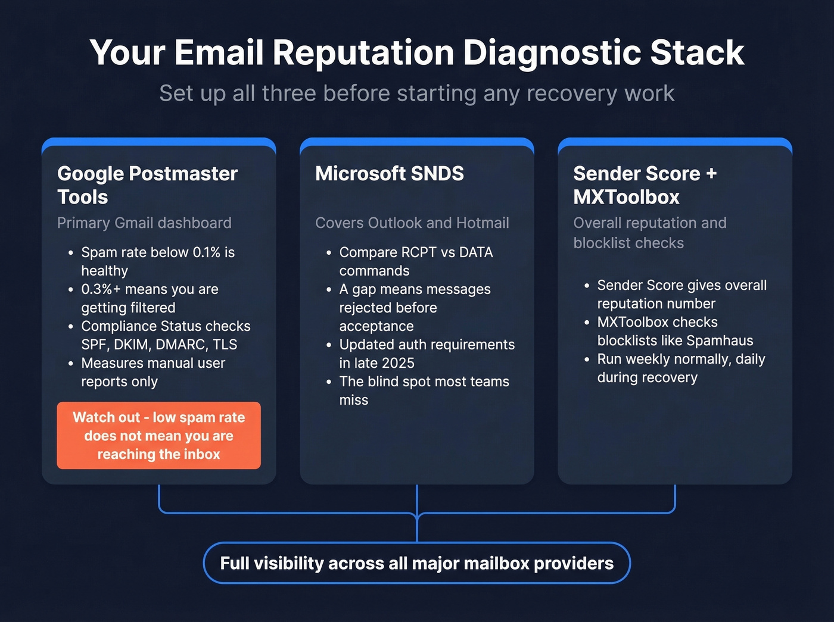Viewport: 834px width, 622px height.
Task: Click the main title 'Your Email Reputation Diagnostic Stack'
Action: click(417, 52)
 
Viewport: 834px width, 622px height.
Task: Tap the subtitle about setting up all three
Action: click(417, 93)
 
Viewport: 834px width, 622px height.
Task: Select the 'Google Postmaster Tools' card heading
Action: click(147, 185)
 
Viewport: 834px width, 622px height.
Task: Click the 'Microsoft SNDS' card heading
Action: click(390, 174)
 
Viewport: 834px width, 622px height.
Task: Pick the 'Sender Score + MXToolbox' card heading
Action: click(645, 185)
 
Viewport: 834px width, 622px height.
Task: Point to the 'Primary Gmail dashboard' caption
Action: click(144, 223)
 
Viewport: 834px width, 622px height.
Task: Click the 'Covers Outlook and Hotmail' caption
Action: click(412, 223)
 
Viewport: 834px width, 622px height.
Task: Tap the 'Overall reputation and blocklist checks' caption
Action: click(649, 233)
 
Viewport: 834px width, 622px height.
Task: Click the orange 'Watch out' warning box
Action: click(158, 436)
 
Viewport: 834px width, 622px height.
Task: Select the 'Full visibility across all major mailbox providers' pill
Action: click(417, 563)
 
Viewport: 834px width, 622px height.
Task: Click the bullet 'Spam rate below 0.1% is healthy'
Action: click(158, 261)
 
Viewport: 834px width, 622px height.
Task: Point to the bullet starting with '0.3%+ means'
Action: click(150, 298)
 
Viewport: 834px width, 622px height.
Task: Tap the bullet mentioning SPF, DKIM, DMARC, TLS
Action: click(166, 335)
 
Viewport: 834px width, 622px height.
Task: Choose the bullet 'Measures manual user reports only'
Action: click(153, 372)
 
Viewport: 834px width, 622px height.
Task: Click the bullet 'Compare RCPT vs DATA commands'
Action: click(416, 261)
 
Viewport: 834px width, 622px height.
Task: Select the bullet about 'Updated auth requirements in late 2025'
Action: click(427, 354)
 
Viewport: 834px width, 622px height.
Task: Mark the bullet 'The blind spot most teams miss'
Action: click(424, 390)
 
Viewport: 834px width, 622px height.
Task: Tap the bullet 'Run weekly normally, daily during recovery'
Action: click(681, 368)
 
